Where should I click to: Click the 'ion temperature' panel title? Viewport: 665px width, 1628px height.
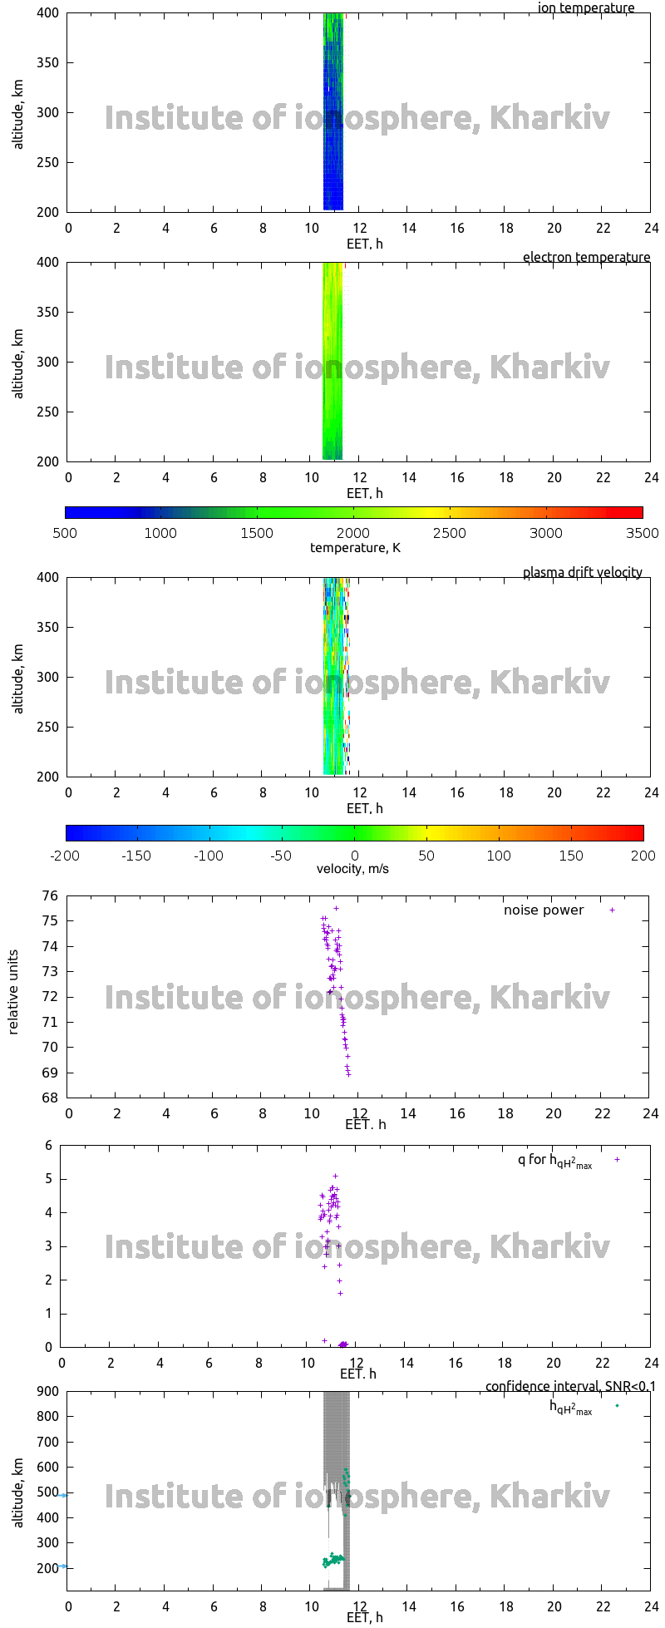pos(585,8)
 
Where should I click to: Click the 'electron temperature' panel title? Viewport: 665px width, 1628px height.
pos(586,257)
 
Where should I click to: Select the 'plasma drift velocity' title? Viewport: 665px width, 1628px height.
pos(582,572)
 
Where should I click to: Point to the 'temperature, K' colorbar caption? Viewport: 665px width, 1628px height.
pos(355,547)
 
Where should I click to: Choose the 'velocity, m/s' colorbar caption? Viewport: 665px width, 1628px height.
pos(352,869)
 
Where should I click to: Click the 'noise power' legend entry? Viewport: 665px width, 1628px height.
pos(543,910)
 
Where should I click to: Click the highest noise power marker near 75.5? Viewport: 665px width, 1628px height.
pos(336,908)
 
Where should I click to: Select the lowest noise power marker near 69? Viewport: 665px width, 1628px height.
pos(348,1074)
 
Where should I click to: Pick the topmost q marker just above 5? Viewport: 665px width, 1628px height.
pos(335,1176)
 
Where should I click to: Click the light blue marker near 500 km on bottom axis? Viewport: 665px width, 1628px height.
pos(63,1495)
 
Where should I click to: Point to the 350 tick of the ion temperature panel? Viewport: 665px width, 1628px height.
pos(50,62)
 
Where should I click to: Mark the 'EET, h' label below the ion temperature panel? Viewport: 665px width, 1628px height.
pos(364,244)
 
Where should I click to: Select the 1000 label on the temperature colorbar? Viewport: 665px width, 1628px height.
pos(160,533)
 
